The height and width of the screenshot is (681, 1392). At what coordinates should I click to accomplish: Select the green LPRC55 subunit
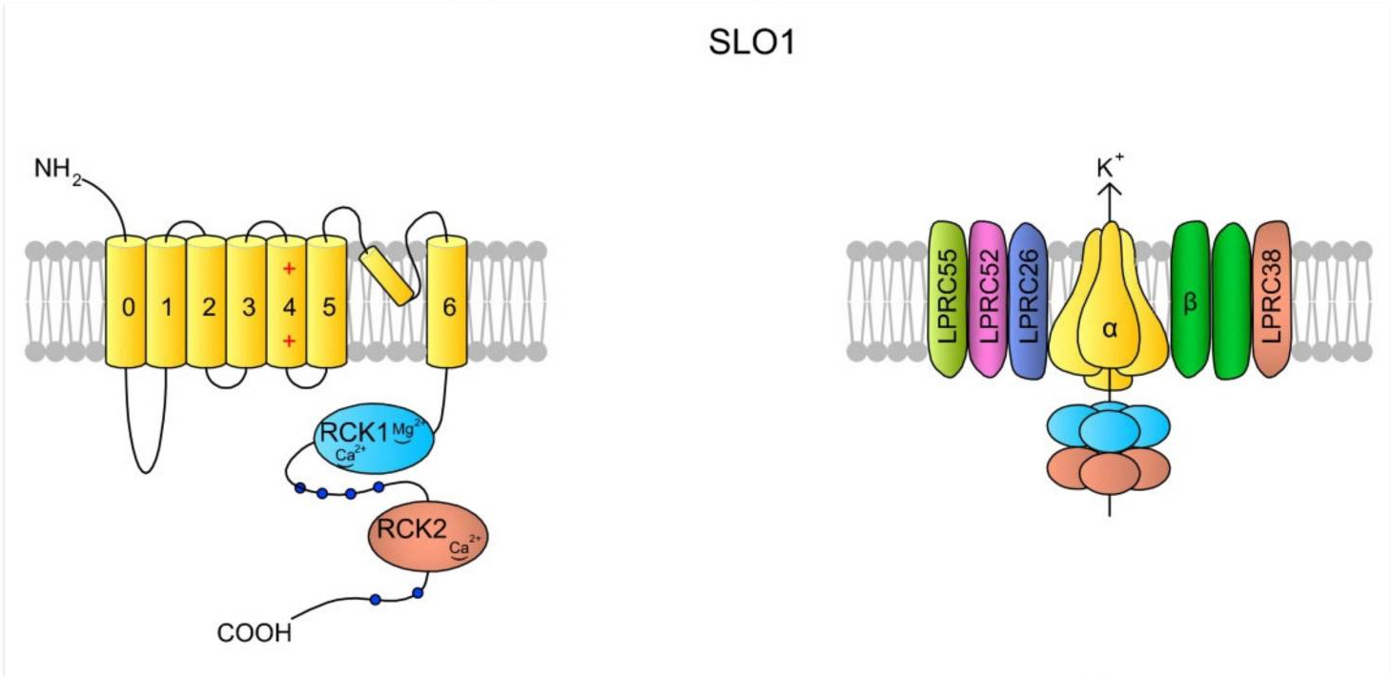(948, 299)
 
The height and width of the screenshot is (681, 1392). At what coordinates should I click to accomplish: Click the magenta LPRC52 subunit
(988, 299)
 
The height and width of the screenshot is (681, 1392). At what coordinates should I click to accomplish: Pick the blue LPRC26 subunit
(1028, 299)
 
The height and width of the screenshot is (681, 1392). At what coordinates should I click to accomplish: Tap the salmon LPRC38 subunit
(1272, 299)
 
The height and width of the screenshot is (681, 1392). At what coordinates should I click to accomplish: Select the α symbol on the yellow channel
(1110, 328)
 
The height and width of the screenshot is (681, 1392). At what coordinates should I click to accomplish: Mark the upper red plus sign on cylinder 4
(288, 269)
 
